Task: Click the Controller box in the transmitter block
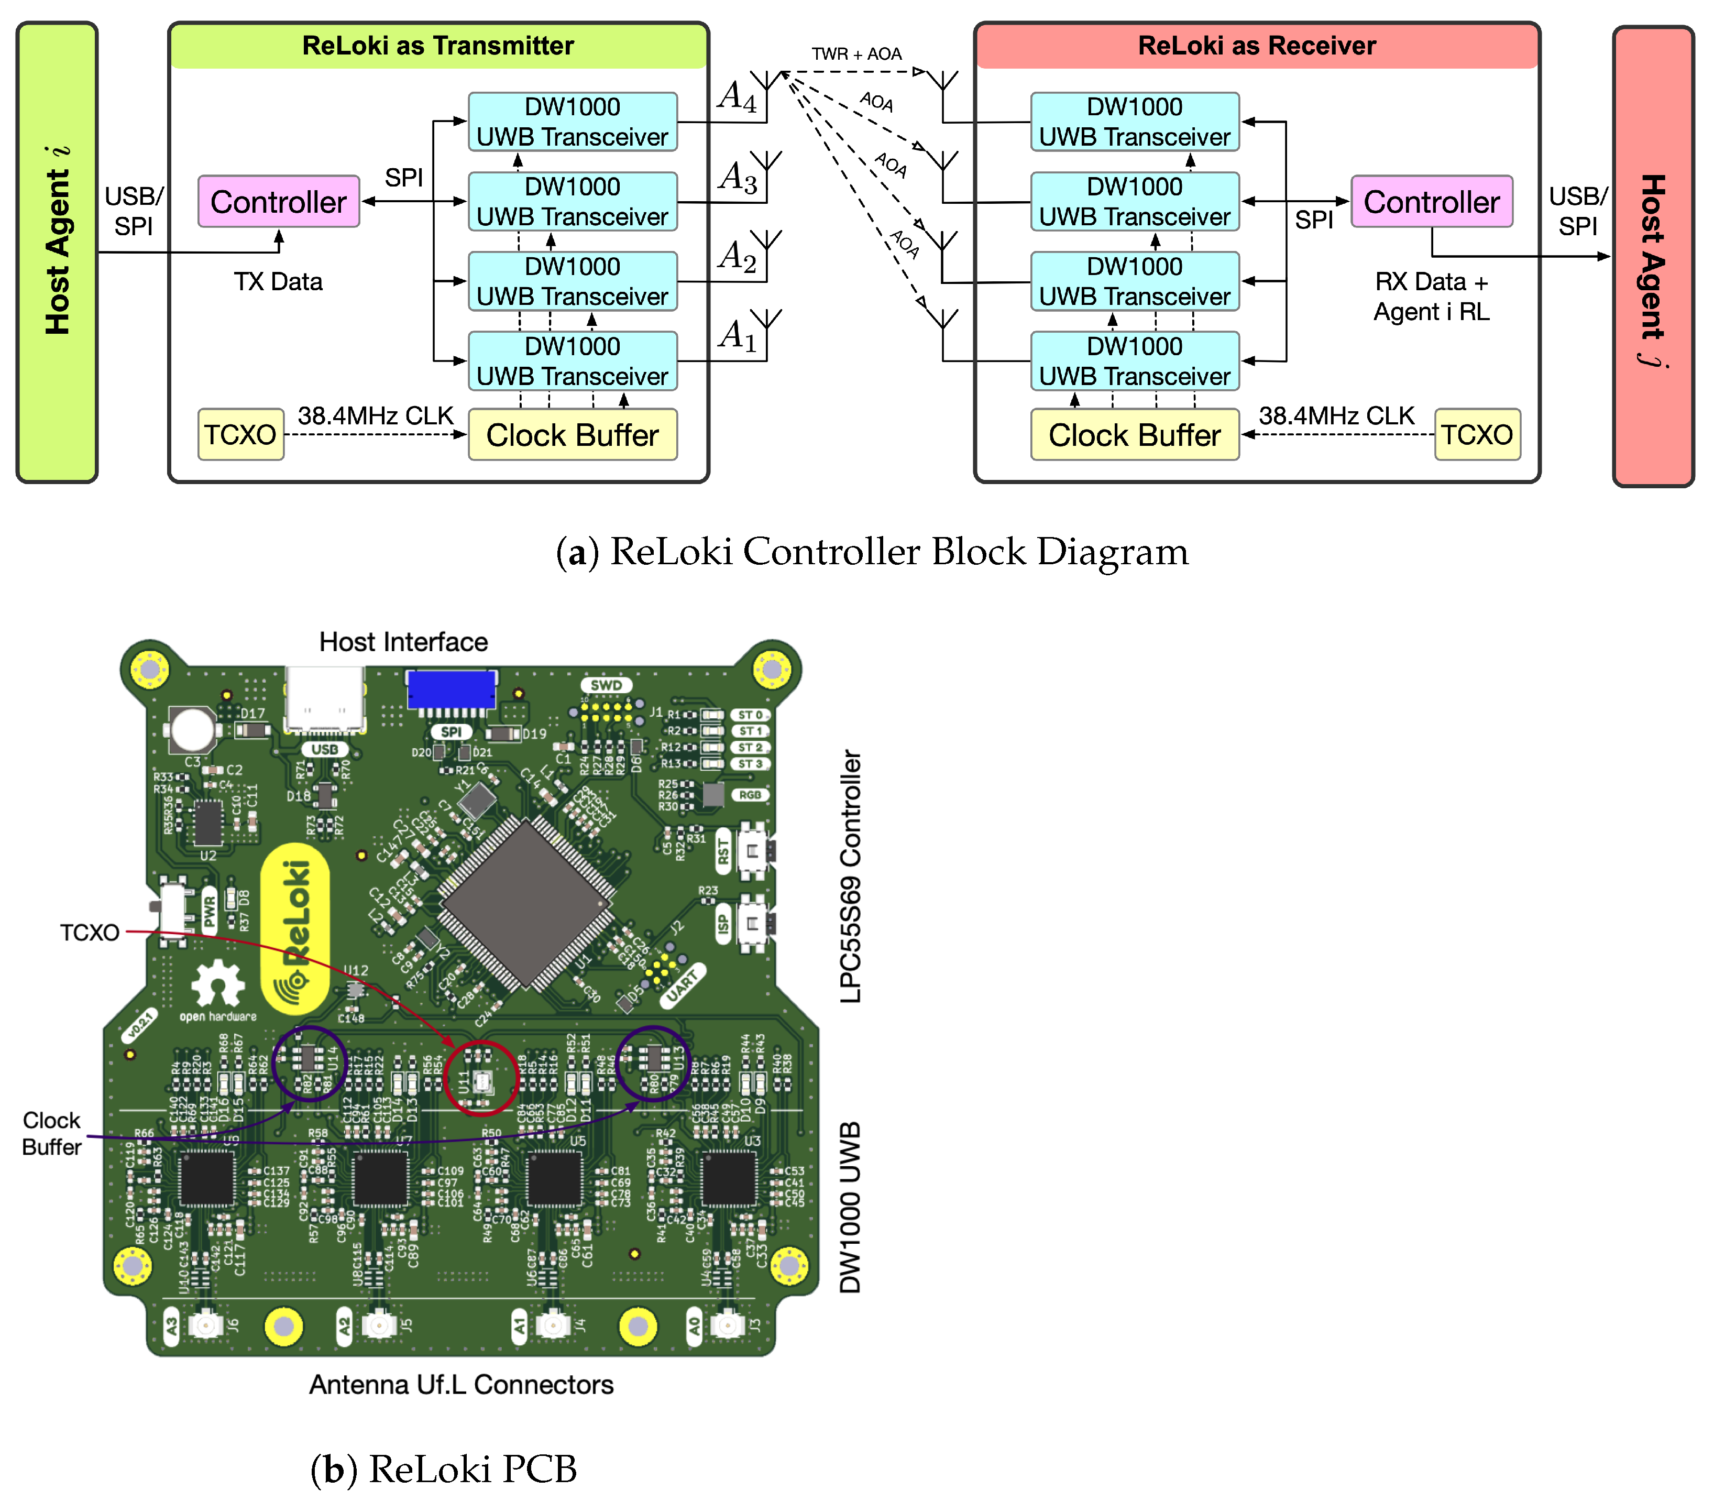[278, 201]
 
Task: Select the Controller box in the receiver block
[1431, 201]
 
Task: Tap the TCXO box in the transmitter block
[240, 434]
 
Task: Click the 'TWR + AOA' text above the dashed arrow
[856, 53]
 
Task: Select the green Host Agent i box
[57, 251]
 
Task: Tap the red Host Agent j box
[1652, 256]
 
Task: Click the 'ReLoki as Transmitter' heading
[438, 45]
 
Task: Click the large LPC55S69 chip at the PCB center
[526, 903]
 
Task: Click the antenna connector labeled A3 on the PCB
[204, 1324]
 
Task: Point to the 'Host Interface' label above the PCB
[403, 642]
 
